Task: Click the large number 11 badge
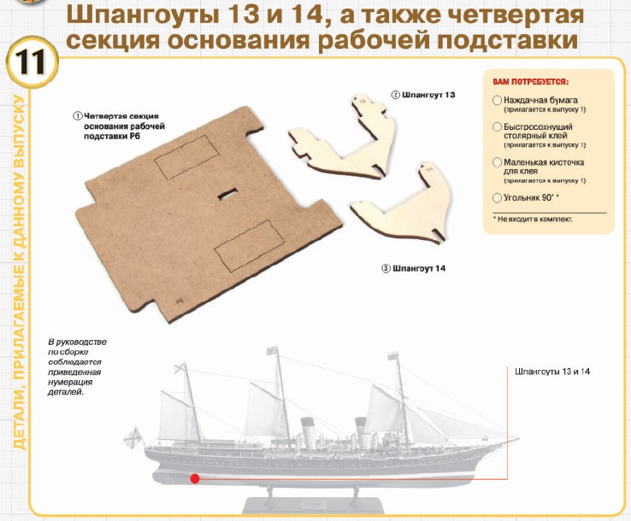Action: [32, 62]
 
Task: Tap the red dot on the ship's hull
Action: [195, 478]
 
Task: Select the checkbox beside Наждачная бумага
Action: [498, 100]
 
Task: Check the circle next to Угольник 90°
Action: [498, 198]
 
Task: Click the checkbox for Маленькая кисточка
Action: [498, 162]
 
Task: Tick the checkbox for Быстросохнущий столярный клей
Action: [498, 127]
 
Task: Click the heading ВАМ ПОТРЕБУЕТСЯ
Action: [531, 82]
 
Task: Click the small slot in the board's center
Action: [227, 193]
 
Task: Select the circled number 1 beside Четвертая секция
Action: [77, 116]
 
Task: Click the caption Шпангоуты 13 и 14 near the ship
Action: [552, 372]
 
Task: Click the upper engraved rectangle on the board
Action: [186, 157]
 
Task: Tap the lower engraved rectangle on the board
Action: [250, 246]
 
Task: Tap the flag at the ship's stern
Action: [133, 437]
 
